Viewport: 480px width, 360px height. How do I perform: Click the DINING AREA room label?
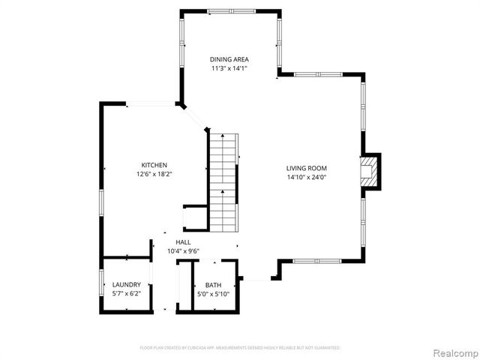pos(229,59)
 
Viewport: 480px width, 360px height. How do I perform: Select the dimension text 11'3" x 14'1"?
pos(229,68)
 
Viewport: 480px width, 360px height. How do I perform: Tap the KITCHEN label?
pos(154,165)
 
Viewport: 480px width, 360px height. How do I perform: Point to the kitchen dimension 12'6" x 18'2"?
pos(154,174)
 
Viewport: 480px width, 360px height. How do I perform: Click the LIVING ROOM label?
pos(306,168)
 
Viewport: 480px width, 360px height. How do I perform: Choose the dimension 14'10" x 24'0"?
pos(306,177)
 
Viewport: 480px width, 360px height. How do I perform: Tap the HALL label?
pos(183,242)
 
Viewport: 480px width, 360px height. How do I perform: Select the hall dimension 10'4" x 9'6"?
pos(183,251)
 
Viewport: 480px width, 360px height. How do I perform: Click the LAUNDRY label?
pos(126,285)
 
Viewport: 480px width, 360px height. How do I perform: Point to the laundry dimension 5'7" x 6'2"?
pos(126,294)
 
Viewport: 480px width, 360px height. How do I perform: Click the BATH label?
pos(214,285)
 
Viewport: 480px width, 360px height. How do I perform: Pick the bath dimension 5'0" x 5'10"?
pos(214,294)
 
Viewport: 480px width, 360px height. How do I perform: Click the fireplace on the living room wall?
pos(370,171)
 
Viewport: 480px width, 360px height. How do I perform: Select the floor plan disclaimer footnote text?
pos(240,348)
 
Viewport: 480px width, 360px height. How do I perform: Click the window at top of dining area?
pos(229,11)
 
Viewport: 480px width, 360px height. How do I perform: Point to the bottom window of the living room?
pos(316,261)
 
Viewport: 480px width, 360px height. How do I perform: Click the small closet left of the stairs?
pos(194,217)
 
